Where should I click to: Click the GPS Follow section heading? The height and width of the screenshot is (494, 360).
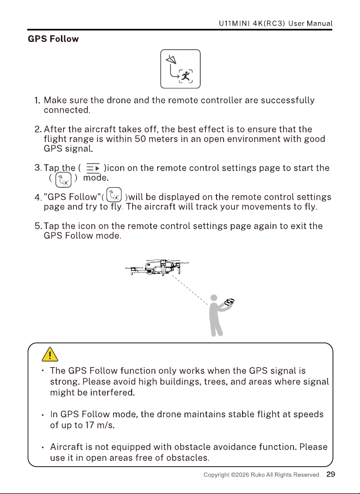pos(53,39)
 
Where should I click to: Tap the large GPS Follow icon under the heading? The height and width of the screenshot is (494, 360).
pos(181,69)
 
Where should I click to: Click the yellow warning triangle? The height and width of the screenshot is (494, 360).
pos(50,354)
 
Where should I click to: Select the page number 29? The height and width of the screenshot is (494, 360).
pos(331,474)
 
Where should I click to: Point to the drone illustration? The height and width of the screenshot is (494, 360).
pos(157,268)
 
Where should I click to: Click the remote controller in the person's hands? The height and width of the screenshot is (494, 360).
pos(229,302)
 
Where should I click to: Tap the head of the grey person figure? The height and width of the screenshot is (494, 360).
pos(214,298)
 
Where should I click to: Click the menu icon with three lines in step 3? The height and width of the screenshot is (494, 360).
pos(93,168)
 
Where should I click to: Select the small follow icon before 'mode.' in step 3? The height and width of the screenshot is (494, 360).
pos(63,180)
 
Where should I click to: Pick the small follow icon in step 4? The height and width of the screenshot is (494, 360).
pos(114,195)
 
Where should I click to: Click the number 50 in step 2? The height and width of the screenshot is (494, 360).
pos(140,139)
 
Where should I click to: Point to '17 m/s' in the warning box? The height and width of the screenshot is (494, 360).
pos(100,425)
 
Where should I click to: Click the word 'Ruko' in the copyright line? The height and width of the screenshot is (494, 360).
pos(258,475)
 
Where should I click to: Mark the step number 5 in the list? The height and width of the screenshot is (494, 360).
pos(38,226)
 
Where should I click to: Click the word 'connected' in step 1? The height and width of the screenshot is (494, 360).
pos(66,110)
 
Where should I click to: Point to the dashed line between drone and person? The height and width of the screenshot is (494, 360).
pos(190,289)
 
